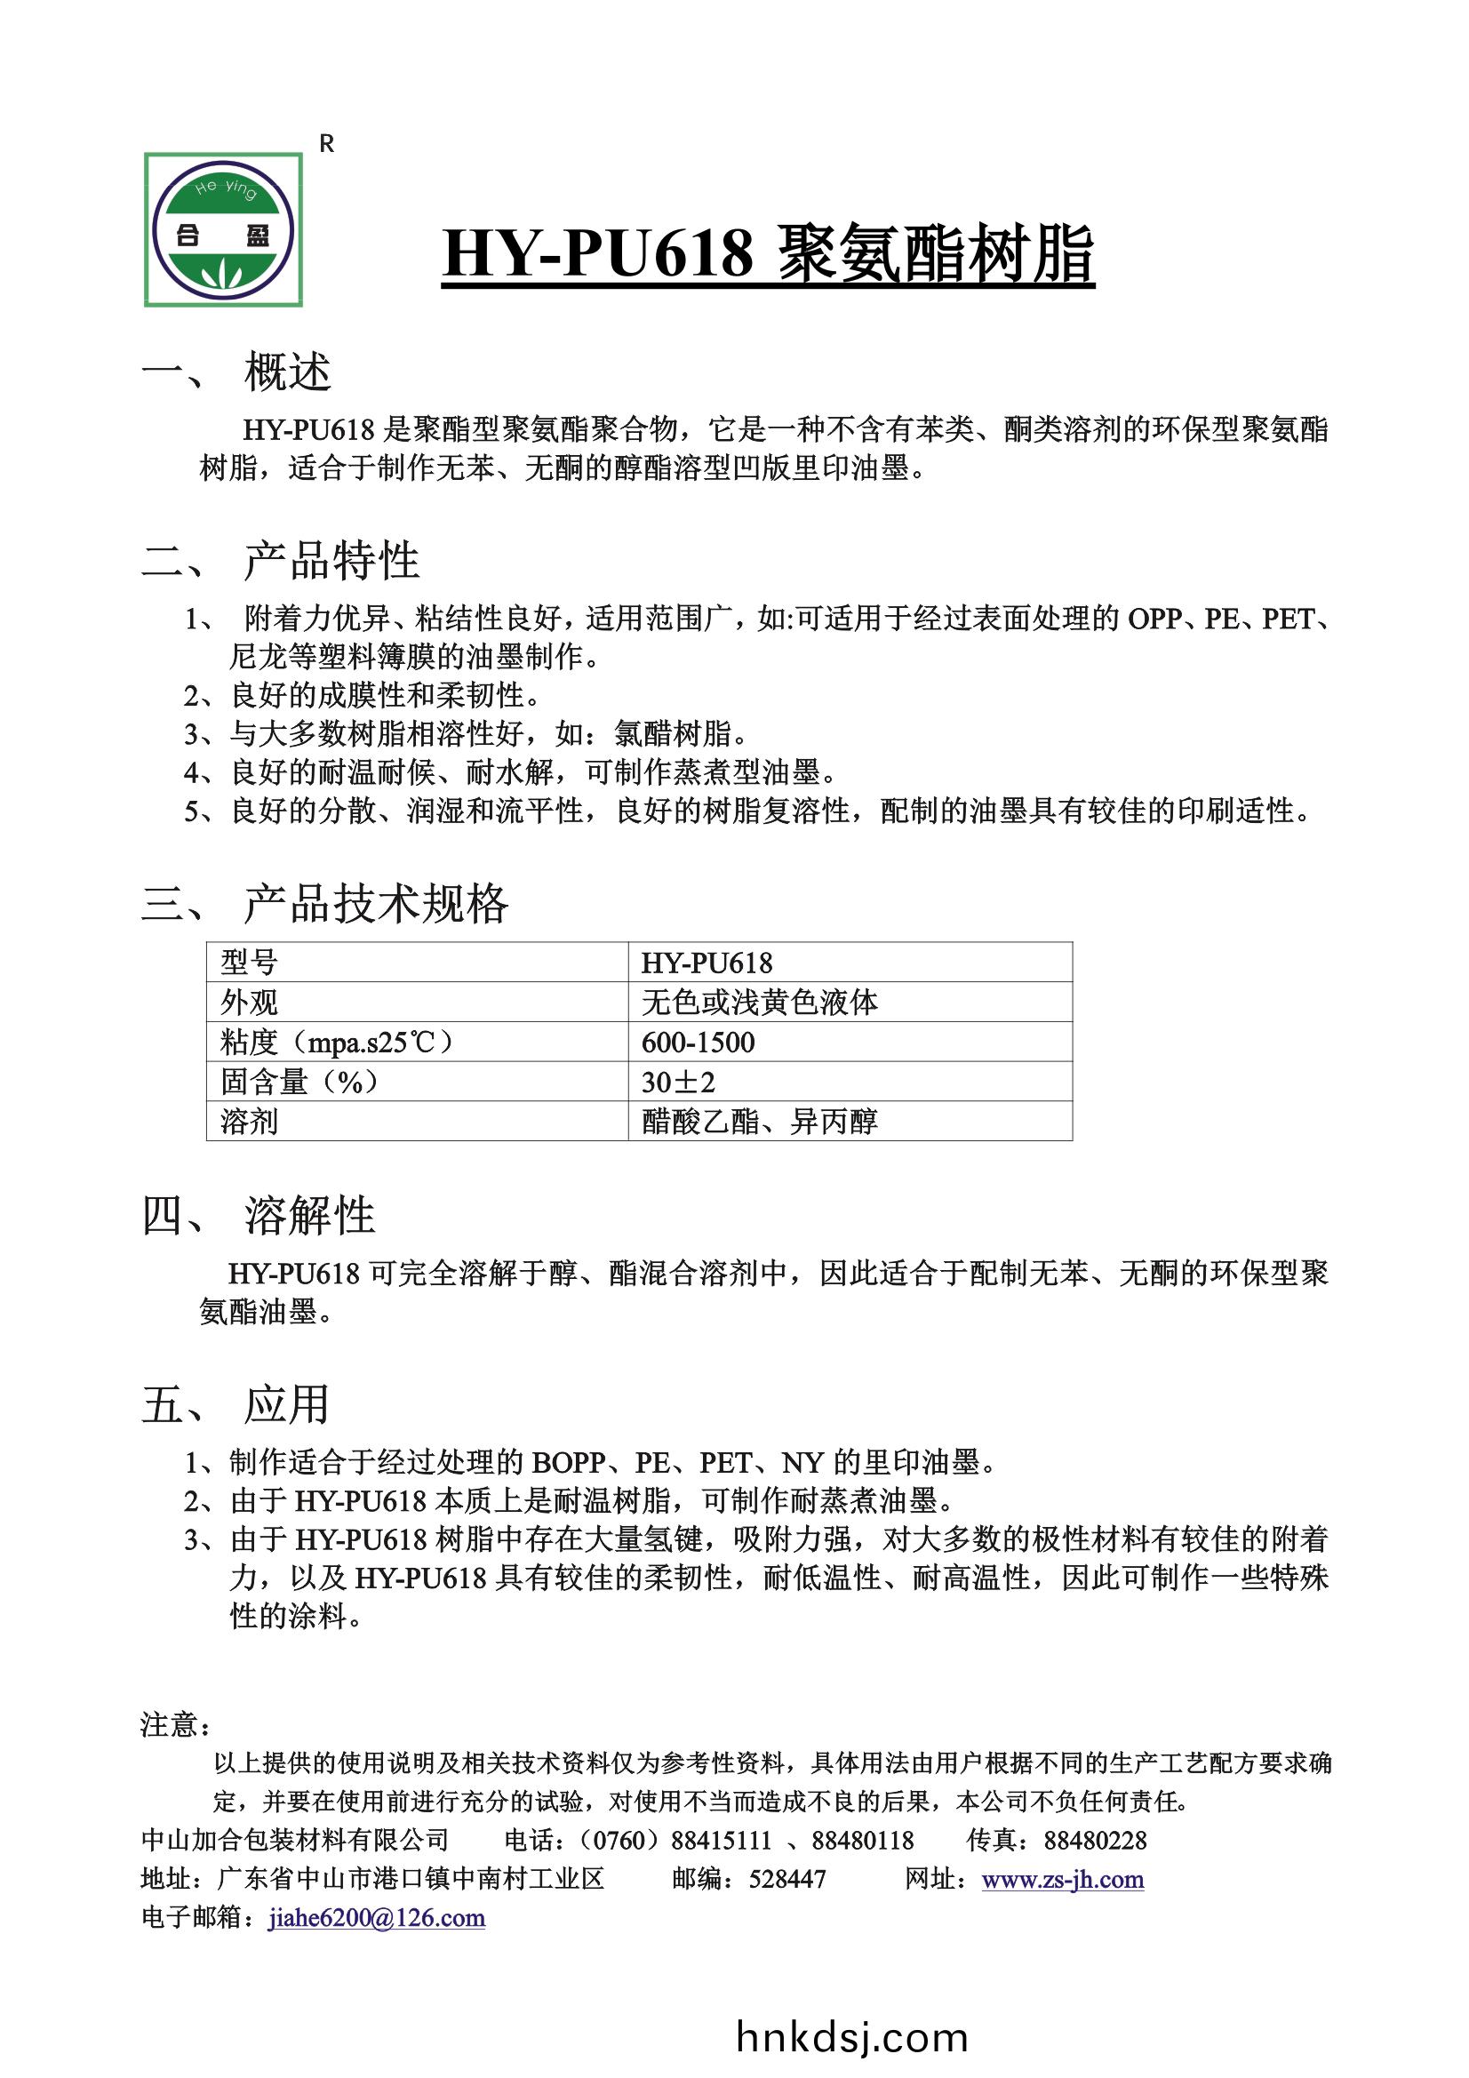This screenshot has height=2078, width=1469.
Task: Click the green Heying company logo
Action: point(224,230)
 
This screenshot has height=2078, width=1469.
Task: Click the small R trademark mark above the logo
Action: point(327,144)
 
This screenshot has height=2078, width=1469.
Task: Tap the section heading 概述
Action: point(287,372)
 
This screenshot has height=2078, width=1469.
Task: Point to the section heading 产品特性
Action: point(331,560)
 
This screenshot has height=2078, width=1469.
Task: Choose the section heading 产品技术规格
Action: point(376,902)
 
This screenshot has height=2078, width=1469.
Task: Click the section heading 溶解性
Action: point(308,1216)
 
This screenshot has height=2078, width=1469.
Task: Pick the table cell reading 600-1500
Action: point(698,1042)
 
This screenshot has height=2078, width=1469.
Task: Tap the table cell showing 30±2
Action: point(678,1082)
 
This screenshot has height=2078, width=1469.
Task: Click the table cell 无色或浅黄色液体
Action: point(760,1002)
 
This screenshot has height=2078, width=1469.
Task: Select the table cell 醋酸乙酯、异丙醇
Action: point(760,1122)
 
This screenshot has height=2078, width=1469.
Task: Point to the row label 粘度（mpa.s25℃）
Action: point(337,1042)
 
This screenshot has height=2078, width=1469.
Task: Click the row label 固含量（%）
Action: point(299,1082)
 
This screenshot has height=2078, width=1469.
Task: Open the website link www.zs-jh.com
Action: point(1063,1880)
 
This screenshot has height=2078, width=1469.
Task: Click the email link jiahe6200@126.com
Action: point(377,1918)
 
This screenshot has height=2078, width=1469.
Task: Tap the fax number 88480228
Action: point(1095,1841)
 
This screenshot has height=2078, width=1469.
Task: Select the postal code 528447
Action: point(787,1880)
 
